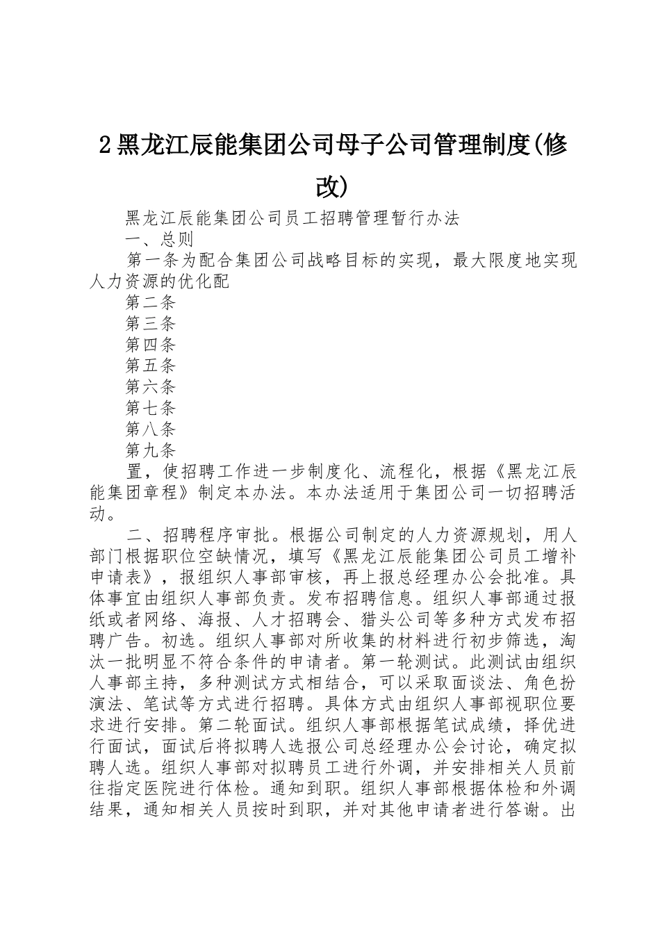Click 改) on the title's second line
pos(329,186)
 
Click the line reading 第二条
pos(151,302)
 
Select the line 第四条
pos(151,345)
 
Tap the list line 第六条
pos(151,386)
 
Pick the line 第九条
pos(151,450)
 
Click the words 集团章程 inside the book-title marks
pos(154,493)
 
